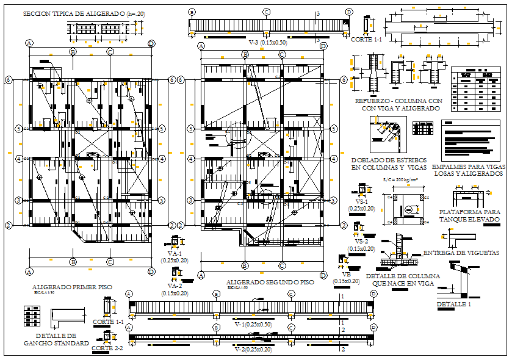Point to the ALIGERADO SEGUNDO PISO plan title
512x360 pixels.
pyautogui.click(x=270, y=283)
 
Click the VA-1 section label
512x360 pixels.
pyautogui.click(x=175, y=254)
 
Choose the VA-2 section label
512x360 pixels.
pyautogui.click(x=175, y=286)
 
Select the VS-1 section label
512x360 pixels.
pyautogui.click(x=362, y=201)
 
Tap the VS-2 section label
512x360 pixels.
pyautogui.click(x=362, y=242)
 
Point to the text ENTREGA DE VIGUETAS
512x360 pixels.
pyautogui.click(x=461, y=253)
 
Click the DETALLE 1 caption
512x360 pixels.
pyautogui.click(x=454, y=304)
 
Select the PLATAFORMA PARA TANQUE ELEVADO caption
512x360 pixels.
pyautogui.click(x=469, y=215)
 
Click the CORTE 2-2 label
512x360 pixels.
pyautogui.click(x=107, y=348)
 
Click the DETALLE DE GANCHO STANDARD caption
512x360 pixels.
pyautogui.click(x=56, y=339)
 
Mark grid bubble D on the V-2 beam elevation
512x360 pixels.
pyautogui.click(x=373, y=328)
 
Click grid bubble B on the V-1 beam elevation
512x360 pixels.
pyautogui.click(x=217, y=293)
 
